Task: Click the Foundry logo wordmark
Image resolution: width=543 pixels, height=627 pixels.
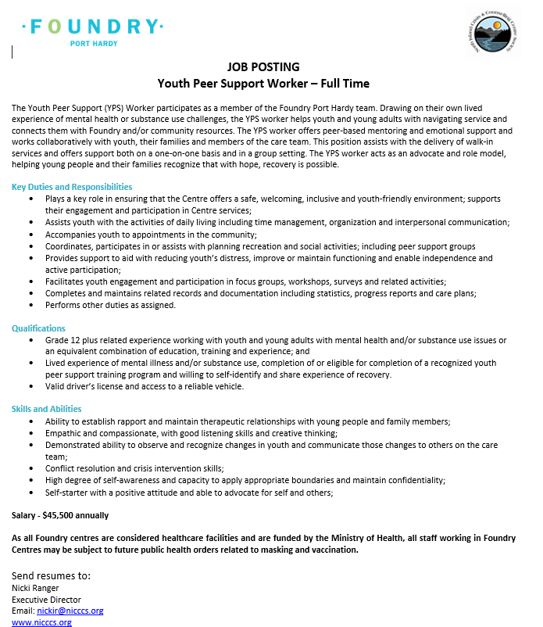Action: (92, 27)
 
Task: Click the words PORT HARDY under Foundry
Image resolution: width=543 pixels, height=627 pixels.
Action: (94, 44)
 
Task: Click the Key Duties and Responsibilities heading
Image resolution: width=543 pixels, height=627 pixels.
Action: (72, 187)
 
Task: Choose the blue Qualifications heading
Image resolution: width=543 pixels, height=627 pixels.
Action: (38, 328)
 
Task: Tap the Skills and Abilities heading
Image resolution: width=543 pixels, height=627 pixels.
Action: (46, 409)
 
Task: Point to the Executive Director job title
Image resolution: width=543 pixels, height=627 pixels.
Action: (45, 600)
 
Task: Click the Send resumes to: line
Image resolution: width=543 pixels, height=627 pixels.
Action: (51, 575)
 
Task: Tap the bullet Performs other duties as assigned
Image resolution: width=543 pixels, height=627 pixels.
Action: (110, 305)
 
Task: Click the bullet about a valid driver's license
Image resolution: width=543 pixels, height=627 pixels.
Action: (145, 386)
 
